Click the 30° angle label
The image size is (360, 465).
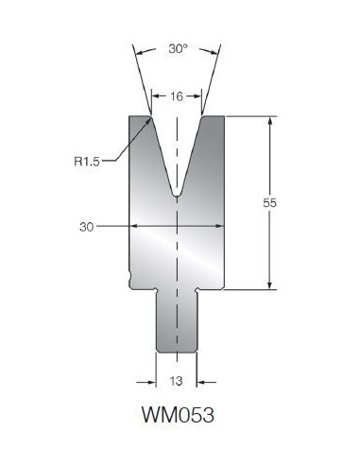pos(178,49)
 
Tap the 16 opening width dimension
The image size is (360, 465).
pos(177,96)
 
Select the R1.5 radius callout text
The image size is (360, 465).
pos(87,162)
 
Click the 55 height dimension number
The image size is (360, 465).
pos(269,203)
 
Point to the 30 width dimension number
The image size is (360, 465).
pos(87,227)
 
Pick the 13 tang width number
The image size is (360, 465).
pos(176,381)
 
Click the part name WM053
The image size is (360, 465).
pos(179,415)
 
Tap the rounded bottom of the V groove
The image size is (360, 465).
pos(177,195)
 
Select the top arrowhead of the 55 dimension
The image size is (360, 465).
pos(269,121)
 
